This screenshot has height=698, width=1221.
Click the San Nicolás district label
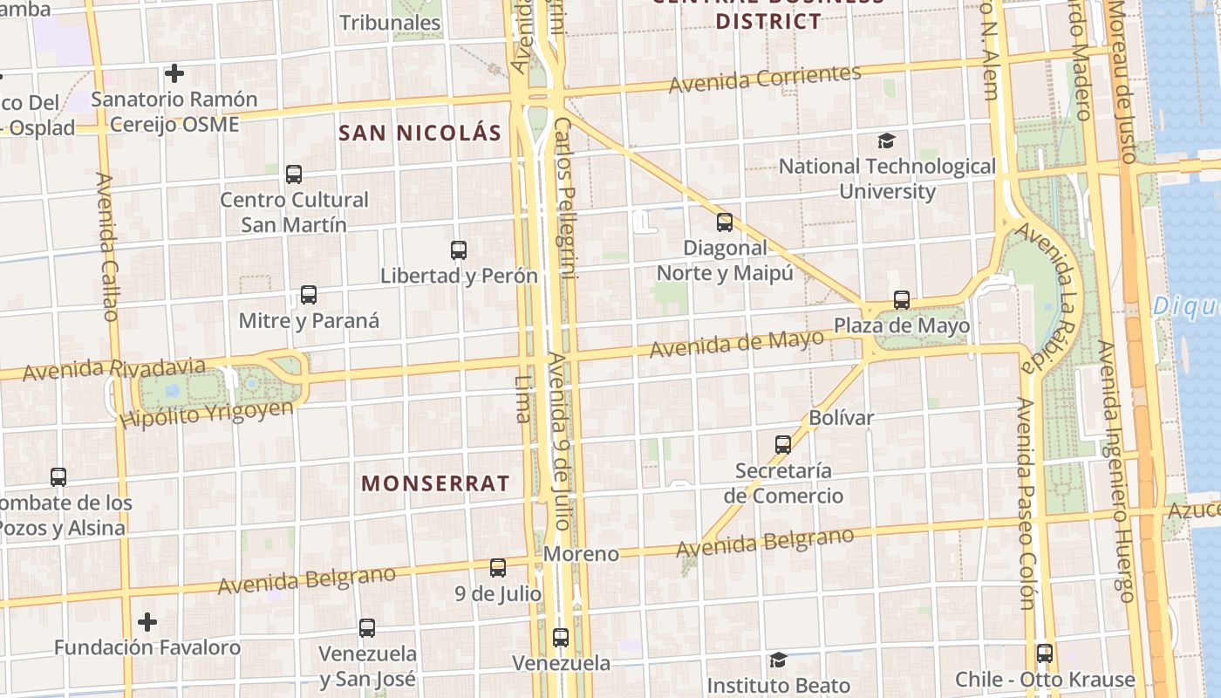(x=420, y=133)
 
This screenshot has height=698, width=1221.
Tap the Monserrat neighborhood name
(x=435, y=483)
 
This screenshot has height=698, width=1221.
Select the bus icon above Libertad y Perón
(x=459, y=250)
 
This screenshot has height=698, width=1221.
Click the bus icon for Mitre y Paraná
(x=309, y=295)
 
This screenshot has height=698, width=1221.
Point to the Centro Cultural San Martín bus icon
(x=294, y=174)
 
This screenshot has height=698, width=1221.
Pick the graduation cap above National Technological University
(x=886, y=140)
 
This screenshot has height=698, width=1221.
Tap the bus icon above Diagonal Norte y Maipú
(x=725, y=222)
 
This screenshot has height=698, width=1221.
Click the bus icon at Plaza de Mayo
(x=902, y=301)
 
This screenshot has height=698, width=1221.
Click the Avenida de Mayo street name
(x=737, y=343)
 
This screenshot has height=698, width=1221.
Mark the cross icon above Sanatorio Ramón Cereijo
(x=174, y=73)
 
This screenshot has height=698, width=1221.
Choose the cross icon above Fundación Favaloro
(x=147, y=622)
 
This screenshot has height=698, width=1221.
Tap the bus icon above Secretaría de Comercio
(x=783, y=445)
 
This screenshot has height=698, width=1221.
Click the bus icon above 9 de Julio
(x=498, y=568)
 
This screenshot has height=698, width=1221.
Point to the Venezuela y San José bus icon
(x=367, y=628)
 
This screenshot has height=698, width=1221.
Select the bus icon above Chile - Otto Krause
(x=1044, y=654)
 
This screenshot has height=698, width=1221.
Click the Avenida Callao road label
(x=106, y=247)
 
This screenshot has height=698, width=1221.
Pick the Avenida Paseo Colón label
(x=1026, y=503)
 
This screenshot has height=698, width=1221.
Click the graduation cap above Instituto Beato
(x=778, y=660)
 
